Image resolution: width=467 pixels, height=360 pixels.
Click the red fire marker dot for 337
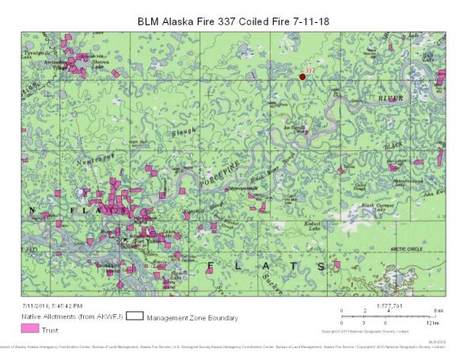[x=302, y=77]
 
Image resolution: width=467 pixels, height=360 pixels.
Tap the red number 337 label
[x=310, y=70]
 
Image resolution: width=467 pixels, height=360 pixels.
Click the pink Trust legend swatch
[x=30, y=328]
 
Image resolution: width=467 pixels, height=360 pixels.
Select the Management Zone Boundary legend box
[x=134, y=316]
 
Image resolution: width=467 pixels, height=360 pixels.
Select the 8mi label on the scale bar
[x=427, y=311]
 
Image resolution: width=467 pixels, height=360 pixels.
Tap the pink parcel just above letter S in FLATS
[x=336, y=263]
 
